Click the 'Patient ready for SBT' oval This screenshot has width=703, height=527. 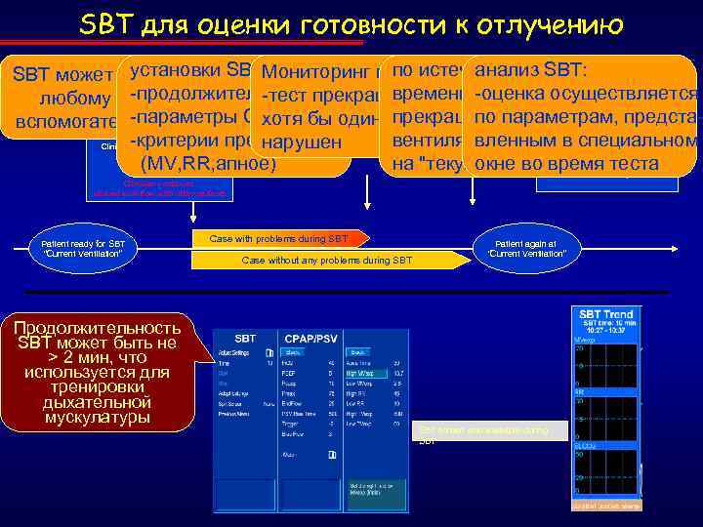(84, 249)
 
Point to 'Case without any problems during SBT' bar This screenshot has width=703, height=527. (327, 261)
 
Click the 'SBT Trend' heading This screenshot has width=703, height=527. (605, 314)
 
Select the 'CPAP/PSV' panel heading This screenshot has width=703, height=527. (310, 338)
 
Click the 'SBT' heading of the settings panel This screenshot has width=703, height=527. (245, 338)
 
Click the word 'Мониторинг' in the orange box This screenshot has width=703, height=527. (310, 71)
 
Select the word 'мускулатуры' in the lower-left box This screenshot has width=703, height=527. (99, 418)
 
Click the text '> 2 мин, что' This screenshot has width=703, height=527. (99, 358)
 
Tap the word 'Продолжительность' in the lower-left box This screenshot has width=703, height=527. (99, 327)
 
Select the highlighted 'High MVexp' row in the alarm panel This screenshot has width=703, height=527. (370, 373)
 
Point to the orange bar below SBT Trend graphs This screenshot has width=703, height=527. (605, 506)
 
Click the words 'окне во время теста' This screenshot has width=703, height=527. (566, 163)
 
